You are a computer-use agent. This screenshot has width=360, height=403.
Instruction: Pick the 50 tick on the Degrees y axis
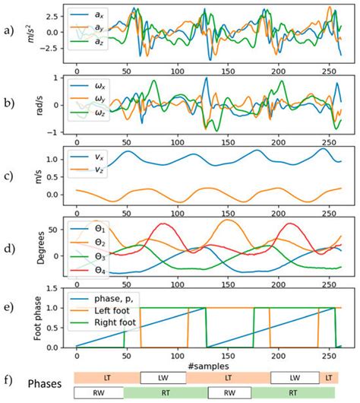[61, 228]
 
